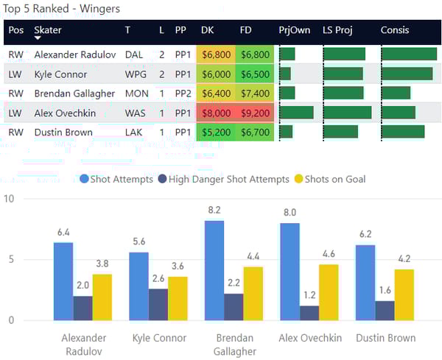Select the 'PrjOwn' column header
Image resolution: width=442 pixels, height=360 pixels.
[293, 30]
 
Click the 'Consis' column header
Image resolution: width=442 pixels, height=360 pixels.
[395, 30]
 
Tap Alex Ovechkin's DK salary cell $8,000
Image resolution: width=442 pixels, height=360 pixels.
[216, 113]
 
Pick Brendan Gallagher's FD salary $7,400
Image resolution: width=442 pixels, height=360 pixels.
[254, 93]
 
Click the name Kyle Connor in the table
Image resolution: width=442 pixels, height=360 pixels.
[60, 74]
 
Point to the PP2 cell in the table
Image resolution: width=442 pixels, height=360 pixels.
[180, 93]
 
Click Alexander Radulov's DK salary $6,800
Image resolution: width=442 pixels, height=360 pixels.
[216, 54]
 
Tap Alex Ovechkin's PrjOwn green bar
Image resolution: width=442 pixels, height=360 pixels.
[296, 113]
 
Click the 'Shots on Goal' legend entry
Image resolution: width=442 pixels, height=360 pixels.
[329, 179]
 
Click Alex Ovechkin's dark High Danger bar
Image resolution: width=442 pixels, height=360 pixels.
[310, 313]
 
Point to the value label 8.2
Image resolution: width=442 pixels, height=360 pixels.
[214, 211]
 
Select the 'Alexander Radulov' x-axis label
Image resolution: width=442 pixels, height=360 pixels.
[83, 345]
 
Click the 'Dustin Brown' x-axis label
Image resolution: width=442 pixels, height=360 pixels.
[384, 339]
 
